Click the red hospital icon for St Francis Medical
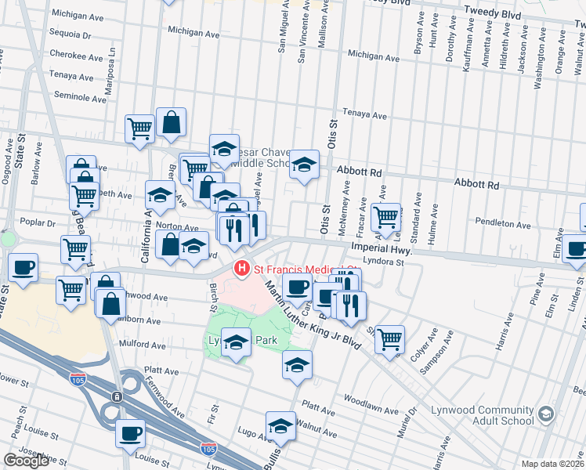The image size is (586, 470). click(242, 269)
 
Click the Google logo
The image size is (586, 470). click(26, 461)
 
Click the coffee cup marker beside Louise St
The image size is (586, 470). click(131, 432)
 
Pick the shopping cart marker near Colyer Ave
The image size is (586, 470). click(389, 338)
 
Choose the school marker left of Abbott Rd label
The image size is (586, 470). click(305, 164)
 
